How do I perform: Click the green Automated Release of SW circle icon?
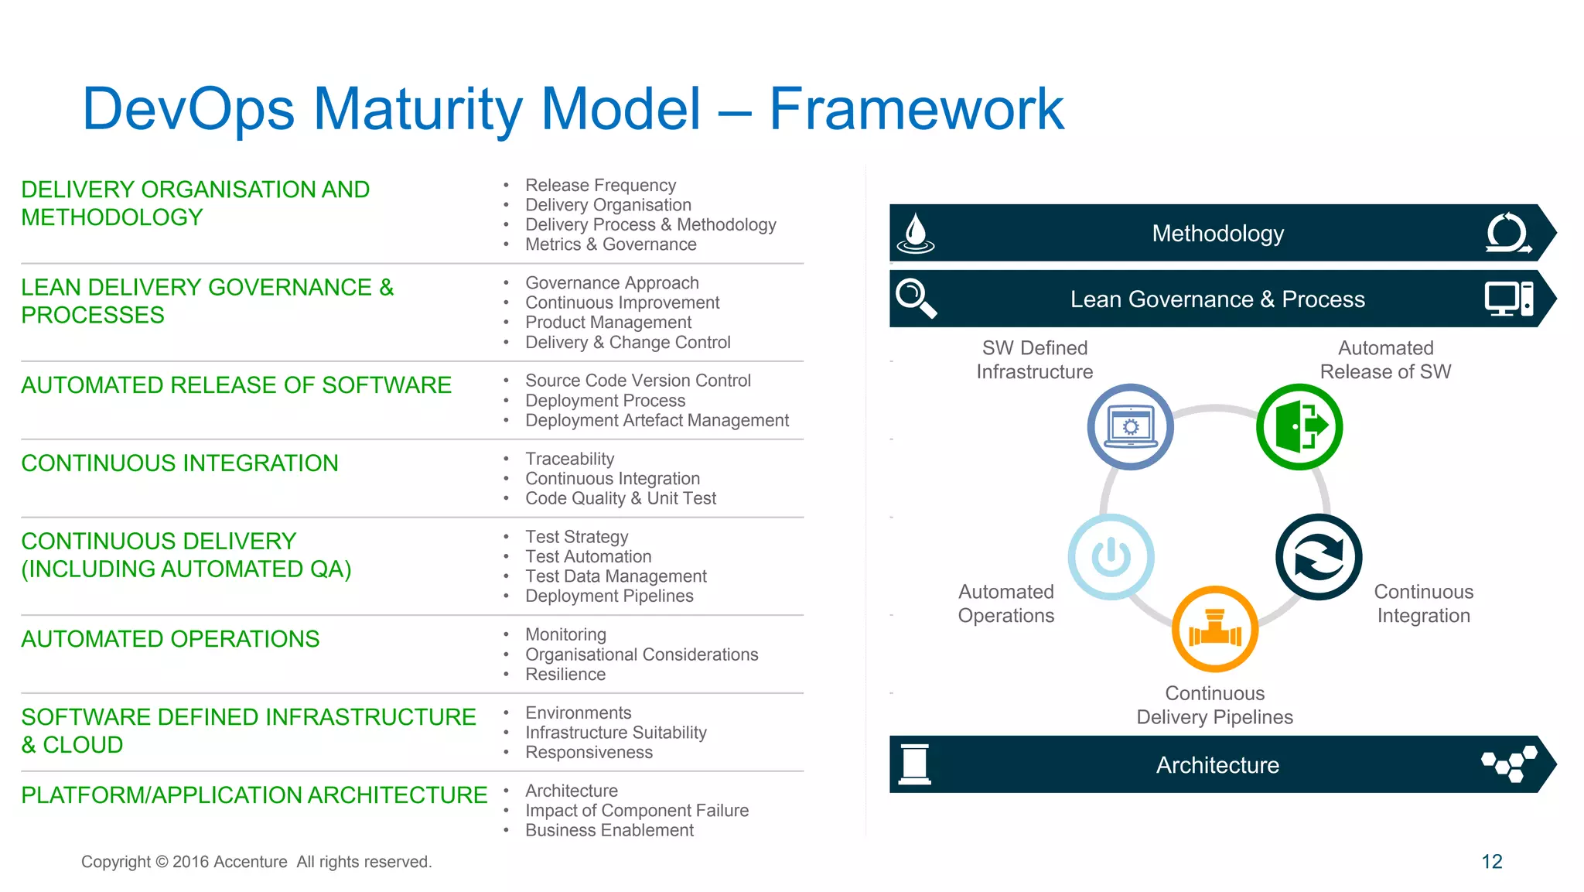[x=1299, y=427]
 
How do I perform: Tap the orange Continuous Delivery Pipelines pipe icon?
[x=1214, y=629]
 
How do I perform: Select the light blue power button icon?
[x=1111, y=557]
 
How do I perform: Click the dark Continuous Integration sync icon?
[x=1318, y=557]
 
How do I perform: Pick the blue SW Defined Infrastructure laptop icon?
[x=1130, y=427]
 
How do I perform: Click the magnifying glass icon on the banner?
[x=916, y=299]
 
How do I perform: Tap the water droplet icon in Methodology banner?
[x=916, y=233]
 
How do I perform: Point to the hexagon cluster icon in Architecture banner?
[x=1508, y=764]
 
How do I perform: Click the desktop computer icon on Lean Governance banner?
[x=1508, y=299]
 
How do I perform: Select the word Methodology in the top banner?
[x=1217, y=234]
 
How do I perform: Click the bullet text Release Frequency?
[x=600, y=186]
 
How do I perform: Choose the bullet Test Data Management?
[x=616, y=576]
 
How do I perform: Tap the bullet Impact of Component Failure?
[x=637, y=811]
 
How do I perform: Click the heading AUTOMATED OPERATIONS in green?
[x=170, y=639]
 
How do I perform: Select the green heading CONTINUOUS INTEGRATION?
[x=179, y=463]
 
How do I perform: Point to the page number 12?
[x=1491, y=862]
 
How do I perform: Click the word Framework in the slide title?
[x=916, y=109]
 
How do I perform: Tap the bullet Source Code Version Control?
[x=637, y=381]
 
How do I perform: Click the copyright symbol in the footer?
[x=162, y=863]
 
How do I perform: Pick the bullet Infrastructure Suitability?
[x=616, y=733]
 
